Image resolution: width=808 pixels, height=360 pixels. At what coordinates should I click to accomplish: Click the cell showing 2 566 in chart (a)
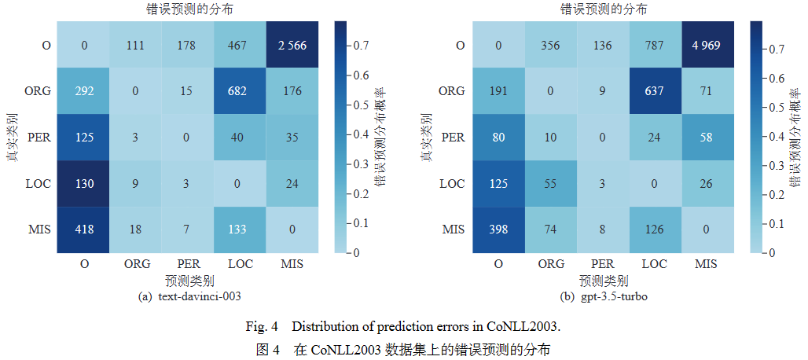[292, 45]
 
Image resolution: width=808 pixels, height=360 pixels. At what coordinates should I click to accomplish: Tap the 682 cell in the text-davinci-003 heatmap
[241, 91]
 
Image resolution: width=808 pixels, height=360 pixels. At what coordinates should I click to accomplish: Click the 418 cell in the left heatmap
[85, 230]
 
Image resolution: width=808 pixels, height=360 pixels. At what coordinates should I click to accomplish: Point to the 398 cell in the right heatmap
[499, 230]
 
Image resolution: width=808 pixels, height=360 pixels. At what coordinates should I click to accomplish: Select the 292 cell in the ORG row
[85, 91]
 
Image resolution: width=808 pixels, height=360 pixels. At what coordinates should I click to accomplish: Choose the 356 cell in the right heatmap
[551, 45]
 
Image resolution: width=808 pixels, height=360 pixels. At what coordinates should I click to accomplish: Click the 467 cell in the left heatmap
[241, 45]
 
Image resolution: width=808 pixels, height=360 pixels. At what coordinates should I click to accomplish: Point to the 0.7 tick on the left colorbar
[358, 46]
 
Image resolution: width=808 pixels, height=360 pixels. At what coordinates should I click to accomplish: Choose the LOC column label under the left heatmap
[241, 264]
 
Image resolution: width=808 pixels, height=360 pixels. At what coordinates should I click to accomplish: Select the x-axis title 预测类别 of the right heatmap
[603, 281]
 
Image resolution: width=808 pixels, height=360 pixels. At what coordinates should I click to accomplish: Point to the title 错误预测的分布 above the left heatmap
[189, 9]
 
